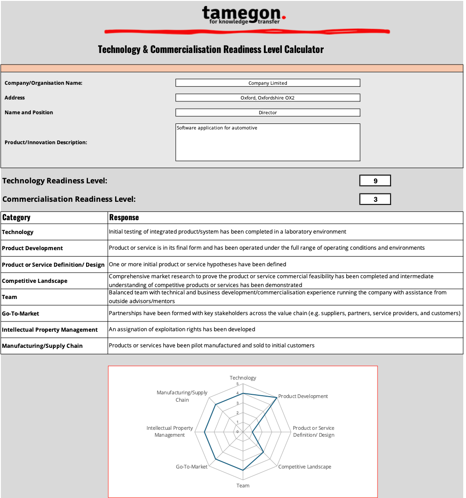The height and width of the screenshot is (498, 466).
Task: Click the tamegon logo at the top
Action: [244, 15]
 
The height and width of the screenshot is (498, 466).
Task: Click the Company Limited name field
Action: [268, 83]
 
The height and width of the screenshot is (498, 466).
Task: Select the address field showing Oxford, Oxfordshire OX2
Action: [268, 98]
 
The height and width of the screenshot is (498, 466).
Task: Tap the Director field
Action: [268, 112]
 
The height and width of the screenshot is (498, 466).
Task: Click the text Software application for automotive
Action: [217, 128]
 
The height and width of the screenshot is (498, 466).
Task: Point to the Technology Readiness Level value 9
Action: [375, 181]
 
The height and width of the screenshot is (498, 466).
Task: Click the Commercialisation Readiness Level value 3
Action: [375, 199]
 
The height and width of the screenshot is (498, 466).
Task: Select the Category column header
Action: [17, 217]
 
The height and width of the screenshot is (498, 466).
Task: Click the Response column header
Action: [124, 217]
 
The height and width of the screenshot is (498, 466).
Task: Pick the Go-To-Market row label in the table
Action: [20, 313]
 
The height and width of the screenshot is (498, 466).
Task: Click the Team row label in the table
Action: [10, 297]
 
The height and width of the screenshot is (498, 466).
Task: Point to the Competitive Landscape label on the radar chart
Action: [304, 467]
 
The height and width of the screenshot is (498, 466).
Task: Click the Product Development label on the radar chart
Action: [303, 396]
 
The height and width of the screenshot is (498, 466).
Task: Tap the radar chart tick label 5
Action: [238, 384]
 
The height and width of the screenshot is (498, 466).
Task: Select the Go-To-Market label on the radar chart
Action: [192, 467]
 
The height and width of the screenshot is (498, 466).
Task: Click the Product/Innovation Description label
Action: [46, 142]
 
